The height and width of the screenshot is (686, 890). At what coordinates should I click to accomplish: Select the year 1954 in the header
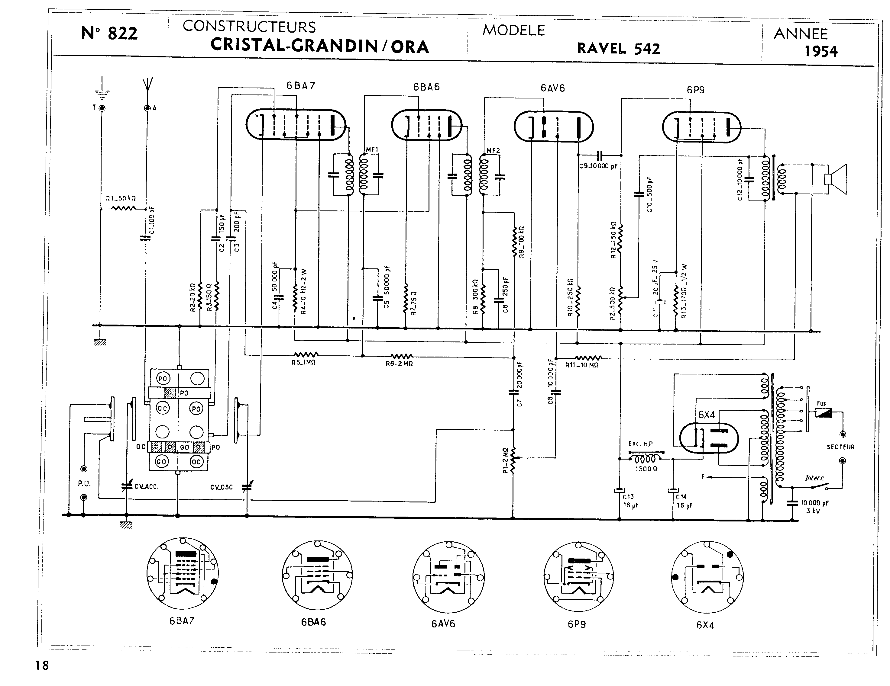pyautogui.click(x=821, y=52)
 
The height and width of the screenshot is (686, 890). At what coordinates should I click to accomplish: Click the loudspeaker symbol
pyautogui.click(x=835, y=179)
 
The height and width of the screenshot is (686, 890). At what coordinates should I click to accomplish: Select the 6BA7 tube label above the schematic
pyautogui.click(x=301, y=85)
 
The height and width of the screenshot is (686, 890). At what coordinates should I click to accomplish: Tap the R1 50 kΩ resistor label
pyautogui.click(x=121, y=199)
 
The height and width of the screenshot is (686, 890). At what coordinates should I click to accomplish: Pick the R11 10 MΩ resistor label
pyautogui.click(x=581, y=365)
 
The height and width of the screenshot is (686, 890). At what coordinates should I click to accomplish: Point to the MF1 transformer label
pyautogui.click(x=372, y=150)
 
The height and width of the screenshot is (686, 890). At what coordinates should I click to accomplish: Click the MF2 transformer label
pyautogui.click(x=493, y=151)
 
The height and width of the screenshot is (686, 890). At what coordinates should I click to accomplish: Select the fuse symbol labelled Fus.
pyautogui.click(x=824, y=413)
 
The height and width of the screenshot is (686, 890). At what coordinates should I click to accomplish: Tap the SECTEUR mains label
pyautogui.click(x=840, y=447)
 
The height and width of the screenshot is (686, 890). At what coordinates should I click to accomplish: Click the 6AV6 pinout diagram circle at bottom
pyautogui.click(x=448, y=577)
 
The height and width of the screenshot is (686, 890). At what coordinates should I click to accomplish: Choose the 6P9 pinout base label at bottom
pyautogui.click(x=577, y=624)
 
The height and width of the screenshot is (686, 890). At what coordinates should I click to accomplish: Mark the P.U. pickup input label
pyautogui.click(x=84, y=484)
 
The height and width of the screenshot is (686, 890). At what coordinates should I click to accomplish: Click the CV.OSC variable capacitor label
pyautogui.click(x=221, y=487)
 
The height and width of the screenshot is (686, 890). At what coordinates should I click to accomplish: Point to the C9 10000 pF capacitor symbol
pyautogui.click(x=600, y=155)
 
